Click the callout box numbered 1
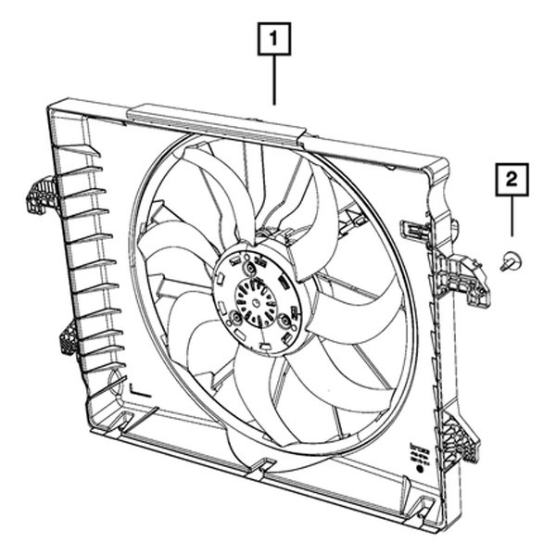pos(274,41)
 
